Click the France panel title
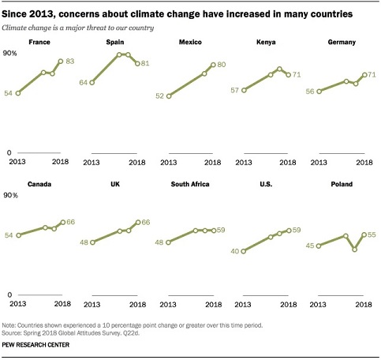(x=39, y=42)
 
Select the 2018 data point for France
(x=61, y=62)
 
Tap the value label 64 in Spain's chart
(x=83, y=83)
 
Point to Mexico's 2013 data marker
(x=169, y=96)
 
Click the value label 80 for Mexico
(x=222, y=65)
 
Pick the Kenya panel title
(x=266, y=42)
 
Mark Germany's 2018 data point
(x=364, y=75)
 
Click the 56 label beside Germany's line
(x=310, y=92)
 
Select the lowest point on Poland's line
(x=355, y=249)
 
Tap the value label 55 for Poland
(x=372, y=234)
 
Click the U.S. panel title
(x=266, y=184)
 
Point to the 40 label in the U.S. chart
(x=235, y=251)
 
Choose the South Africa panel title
(x=190, y=184)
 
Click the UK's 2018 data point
(x=138, y=223)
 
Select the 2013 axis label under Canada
(x=18, y=304)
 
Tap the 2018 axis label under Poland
(x=364, y=305)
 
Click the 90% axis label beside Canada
(x=10, y=196)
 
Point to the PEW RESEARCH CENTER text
(x=35, y=345)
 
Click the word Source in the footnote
(x=11, y=333)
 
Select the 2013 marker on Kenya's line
(x=244, y=90)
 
